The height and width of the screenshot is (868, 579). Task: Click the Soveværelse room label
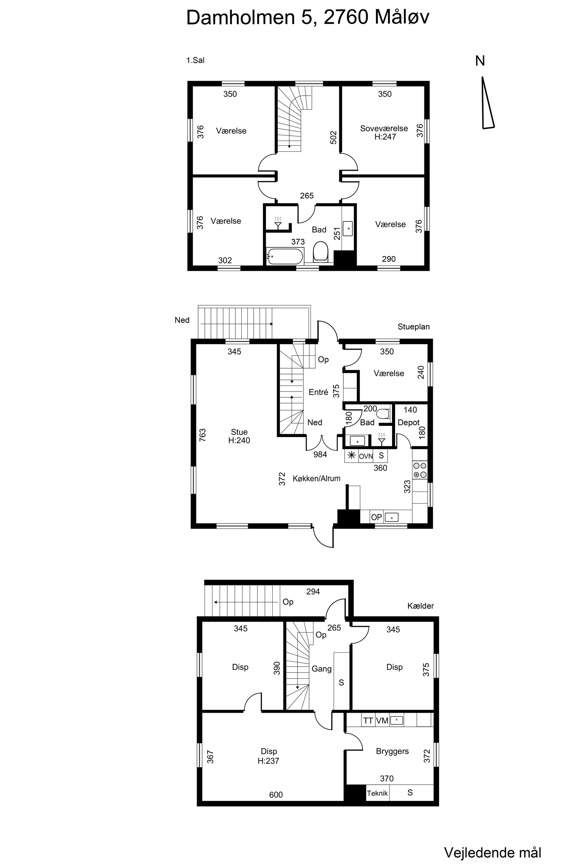pyautogui.click(x=384, y=128)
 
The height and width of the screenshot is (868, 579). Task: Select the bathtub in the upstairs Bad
pyautogui.click(x=285, y=256)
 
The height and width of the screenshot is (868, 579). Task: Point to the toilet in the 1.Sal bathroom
pyautogui.click(x=320, y=252)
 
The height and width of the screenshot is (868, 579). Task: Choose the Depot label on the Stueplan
pyautogui.click(x=408, y=422)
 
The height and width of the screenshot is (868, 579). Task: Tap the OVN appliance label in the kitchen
pyautogui.click(x=366, y=456)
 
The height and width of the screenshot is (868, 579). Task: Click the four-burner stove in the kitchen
pyautogui.click(x=420, y=470)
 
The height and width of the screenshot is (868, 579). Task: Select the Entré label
pyautogui.click(x=318, y=392)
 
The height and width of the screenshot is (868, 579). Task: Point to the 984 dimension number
pyautogui.click(x=320, y=455)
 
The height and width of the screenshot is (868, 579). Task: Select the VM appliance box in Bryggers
pyautogui.click(x=382, y=721)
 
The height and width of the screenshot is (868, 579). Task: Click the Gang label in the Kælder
pyautogui.click(x=321, y=669)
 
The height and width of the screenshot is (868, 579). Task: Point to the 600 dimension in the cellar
pyautogui.click(x=276, y=795)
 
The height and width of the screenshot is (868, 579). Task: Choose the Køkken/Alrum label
pyautogui.click(x=316, y=479)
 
